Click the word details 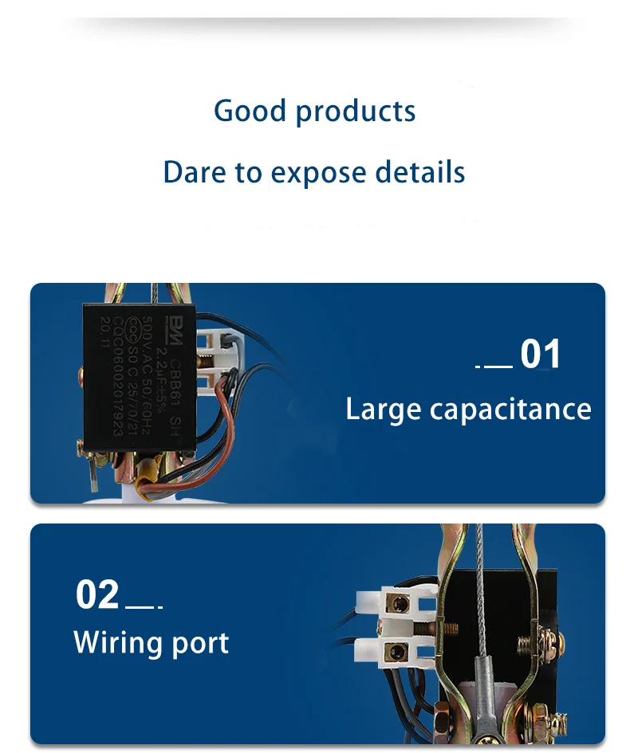coord(420,172)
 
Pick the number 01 coord(541,355)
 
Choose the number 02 coord(97,595)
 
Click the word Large coord(383,410)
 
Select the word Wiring coord(117,642)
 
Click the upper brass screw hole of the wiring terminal coord(396,606)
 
